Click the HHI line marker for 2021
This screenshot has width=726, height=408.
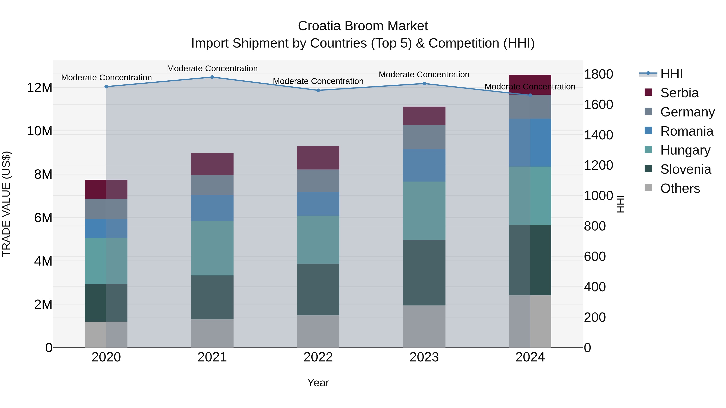coord(212,77)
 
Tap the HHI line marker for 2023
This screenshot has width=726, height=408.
coord(424,84)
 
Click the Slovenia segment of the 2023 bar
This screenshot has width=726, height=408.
coord(424,273)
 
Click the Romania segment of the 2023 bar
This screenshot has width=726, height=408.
coord(424,165)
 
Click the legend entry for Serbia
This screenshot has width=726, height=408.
coord(679,93)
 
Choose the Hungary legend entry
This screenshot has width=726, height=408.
coord(685,150)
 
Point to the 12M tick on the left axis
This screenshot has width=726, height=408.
coord(40,88)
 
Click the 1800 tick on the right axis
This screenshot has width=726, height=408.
coord(598,74)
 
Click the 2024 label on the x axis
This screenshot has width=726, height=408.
coord(530,357)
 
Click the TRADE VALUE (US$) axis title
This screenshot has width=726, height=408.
coord(6,204)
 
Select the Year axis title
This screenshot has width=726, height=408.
coord(318,383)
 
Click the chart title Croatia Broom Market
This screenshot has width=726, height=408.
coord(363,26)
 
